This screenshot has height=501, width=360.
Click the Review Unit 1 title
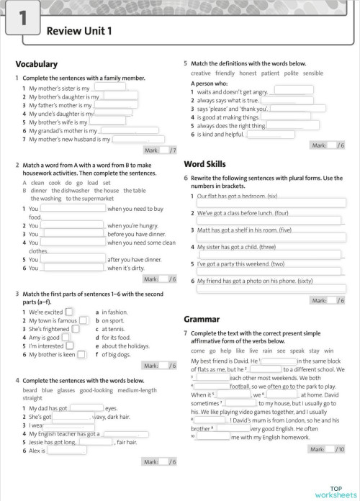click(x=79, y=30)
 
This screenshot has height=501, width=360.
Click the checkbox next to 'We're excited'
click(x=69, y=312)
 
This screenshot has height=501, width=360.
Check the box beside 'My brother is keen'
click(x=81, y=354)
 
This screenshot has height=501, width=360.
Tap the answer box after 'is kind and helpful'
click(x=271, y=134)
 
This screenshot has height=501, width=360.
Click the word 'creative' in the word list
click(x=201, y=73)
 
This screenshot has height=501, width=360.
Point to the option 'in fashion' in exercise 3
click(x=114, y=312)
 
